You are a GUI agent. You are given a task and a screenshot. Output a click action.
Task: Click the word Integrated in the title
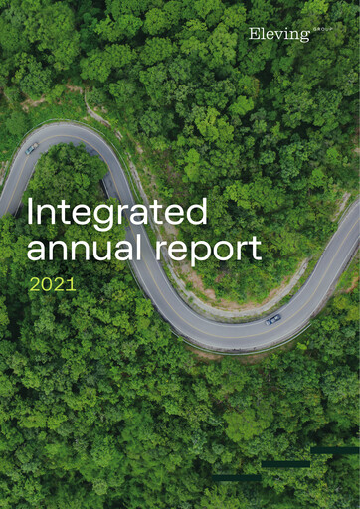(x=117, y=212)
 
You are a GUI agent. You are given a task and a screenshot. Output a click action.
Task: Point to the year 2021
(x=53, y=283)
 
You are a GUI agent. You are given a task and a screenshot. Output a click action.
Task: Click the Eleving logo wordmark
(x=278, y=35)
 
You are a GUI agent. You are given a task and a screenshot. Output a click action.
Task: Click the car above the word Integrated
(x=32, y=147)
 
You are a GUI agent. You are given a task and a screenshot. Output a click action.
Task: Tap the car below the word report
(x=272, y=319)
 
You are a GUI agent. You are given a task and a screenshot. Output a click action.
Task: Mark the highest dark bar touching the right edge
(x=335, y=451)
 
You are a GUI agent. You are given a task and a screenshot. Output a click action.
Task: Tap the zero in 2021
(x=46, y=283)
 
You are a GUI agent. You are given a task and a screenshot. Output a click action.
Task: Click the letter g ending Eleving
(x=305, y=38)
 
